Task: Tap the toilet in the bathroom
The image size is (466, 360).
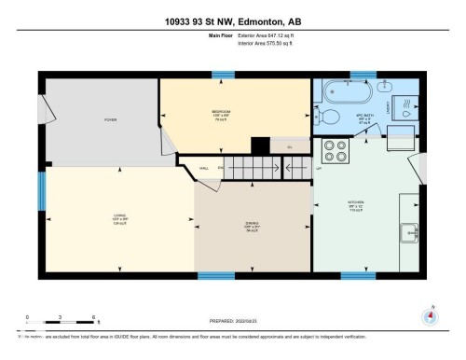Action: [x=330, y=116]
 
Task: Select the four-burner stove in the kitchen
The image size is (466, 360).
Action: [x=334, y=152]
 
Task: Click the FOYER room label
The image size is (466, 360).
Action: [x=109, y=120]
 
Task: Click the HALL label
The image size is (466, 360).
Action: [x=203, y=169]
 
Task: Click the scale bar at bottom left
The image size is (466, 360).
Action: [x=61, y=325]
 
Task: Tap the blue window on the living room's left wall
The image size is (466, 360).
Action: [x=40, y=191]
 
